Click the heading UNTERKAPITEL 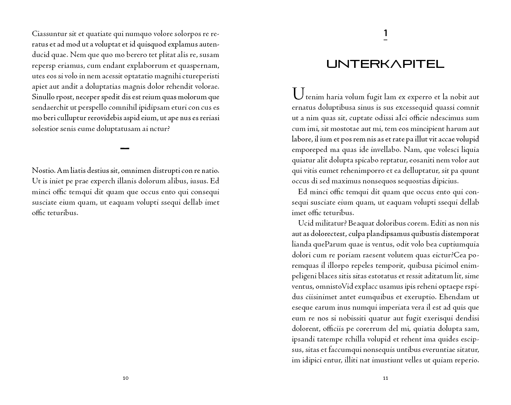tap(385, 64)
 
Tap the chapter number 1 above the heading tap(385, 33)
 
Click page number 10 tap(125, 378)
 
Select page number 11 tap(385, 378)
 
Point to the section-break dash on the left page tap(124, 148)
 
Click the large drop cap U tap(298, 93)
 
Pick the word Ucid tap(305, 223)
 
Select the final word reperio tap(466, 360)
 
